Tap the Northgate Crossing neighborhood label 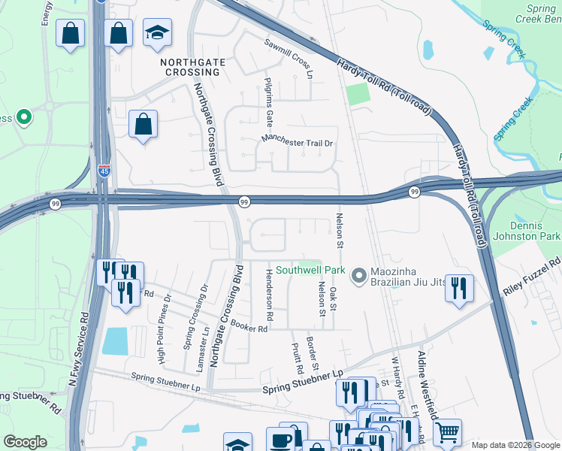point(189,66)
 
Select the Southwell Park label point(310,270)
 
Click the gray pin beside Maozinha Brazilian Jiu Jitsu point(358,276)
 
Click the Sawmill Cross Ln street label point(289,56)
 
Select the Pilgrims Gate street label point(268,101)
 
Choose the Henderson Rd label point(269,294)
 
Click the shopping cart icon point(446,431)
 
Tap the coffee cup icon point(281,440)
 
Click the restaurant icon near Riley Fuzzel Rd point(459,287)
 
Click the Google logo point(26,442)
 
